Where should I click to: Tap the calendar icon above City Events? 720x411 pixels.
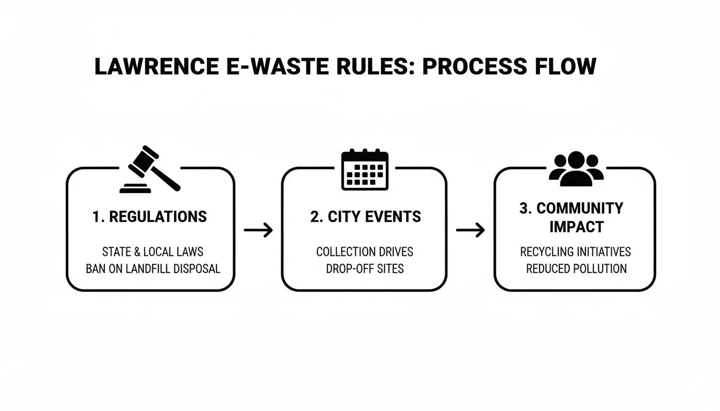364,169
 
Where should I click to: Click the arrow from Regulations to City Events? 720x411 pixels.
258,231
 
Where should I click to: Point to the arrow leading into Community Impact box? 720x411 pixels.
470,231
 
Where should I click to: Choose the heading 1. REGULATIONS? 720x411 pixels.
149,217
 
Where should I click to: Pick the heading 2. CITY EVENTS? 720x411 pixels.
365,217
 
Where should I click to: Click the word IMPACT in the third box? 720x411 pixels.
576,227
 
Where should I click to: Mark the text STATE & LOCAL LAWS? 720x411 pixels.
153,252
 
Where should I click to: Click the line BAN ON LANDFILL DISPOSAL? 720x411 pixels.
153,269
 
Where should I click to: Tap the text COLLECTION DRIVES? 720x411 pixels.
365,252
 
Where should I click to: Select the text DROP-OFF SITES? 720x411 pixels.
365,269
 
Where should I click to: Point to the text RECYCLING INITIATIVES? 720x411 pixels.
575,252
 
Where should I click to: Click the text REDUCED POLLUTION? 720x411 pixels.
576,269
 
